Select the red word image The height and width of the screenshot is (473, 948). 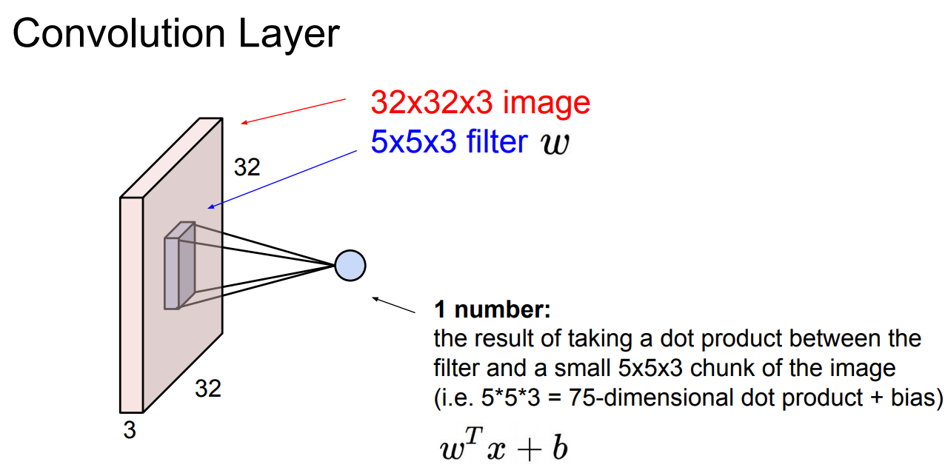pos(547,103)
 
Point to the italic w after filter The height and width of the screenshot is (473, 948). pos(556,143)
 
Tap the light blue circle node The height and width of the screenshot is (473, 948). pos(350,266)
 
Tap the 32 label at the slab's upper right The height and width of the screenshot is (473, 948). pos(247,168)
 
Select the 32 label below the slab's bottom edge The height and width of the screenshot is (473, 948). pos(208,388)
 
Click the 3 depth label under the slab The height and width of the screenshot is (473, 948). pos(130,430)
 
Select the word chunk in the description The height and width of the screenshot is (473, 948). pos(758,368)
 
